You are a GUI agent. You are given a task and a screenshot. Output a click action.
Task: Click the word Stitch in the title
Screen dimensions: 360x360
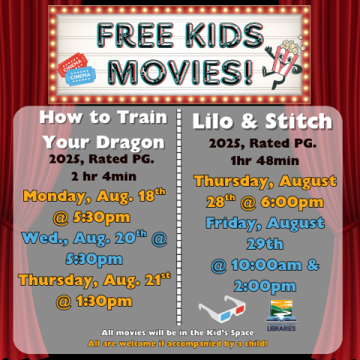pos(295,121)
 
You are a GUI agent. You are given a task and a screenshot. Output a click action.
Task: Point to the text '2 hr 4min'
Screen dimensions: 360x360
pos(101,177)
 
